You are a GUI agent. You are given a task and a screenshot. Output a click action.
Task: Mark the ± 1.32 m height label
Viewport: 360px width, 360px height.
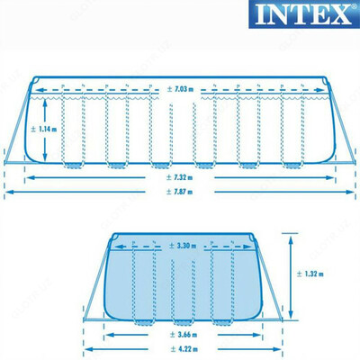click(x=312, y=275)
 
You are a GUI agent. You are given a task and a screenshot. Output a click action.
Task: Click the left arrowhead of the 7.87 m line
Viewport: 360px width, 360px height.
click(x=5, y=191)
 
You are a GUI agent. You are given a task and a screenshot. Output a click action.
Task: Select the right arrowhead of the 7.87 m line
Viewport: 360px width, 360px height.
click(x=353, y=191)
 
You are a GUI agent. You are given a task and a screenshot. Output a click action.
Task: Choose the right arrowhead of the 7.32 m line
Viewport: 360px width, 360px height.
click(x=334, y=177)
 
